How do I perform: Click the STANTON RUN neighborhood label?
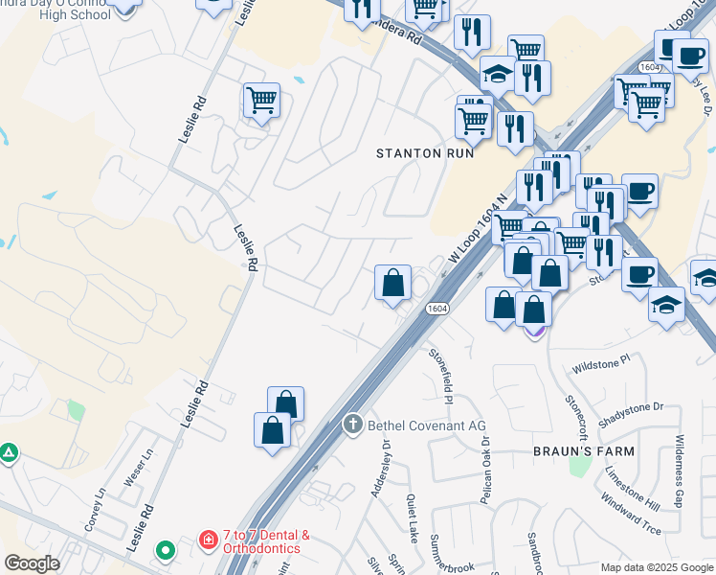click(423, 153)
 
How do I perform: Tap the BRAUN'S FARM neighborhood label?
click(584, 450)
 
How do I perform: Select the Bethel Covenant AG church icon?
click(352, 424)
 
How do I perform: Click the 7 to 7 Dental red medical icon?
click(208, 541)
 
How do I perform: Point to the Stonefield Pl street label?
click(444, 373)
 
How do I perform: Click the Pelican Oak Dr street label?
click(485, 471)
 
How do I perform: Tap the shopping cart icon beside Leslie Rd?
click(261, 99)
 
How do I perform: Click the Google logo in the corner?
click(32, 563)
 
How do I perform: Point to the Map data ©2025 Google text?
click(657, 567)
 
